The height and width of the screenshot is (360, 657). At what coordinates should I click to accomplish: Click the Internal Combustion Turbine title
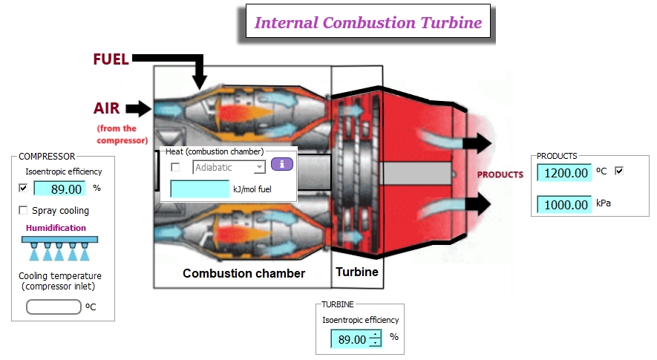[x=368, y=22]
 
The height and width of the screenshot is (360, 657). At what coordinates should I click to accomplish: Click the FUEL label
[x=111, y=60]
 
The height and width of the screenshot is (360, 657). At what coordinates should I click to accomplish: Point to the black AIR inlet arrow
[x=138, y=109]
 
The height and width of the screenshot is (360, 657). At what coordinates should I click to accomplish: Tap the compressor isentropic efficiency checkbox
[x=23, y=189]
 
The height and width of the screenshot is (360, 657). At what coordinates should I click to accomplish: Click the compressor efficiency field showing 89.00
[x=59, y=189]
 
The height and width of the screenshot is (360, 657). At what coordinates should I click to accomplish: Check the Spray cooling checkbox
[x=23, y=211]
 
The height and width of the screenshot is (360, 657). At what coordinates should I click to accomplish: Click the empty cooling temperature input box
[x=53, y=307]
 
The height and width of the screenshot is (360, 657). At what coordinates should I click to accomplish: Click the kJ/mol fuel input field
[x=200, y=189]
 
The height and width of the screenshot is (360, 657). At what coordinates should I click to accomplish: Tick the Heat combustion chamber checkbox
[x=175, y=168]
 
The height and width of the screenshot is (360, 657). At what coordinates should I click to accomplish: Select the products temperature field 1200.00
[x=564, y=173]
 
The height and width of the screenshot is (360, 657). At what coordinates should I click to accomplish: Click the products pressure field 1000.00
[x=564, y=204]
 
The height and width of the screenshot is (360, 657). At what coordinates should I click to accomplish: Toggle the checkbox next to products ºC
[x=619, y=171]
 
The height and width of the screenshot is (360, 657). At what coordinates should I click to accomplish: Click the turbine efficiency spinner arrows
[x=376, y=339]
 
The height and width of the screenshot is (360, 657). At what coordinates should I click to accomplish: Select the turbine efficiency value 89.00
[x=350, y=339]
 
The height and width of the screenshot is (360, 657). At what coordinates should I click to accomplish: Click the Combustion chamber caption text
[x=243, y=273]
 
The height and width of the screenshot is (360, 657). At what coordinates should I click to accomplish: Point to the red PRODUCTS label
[x=500, y=175]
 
